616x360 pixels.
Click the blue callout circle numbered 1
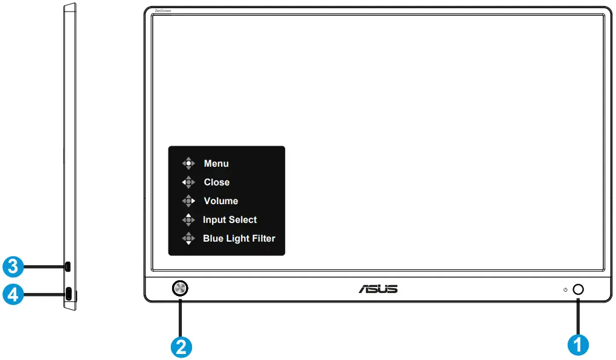tap(577, 345)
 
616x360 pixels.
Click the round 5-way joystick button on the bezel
tap(179, 289)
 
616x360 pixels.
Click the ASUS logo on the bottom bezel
tap(378, 289)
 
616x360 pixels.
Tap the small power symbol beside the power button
tap(565, 290)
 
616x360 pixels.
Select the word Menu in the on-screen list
tap(216, 164)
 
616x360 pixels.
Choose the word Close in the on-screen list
tap(217, 182)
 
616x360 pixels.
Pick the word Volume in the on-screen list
tap(221, 201)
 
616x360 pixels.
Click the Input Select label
tap(230, 220)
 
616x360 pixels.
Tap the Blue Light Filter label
tap(239, 239)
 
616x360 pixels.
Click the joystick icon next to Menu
tap(189, 163)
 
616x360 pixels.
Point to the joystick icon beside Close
tap(189, 182)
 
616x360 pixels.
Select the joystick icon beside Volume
tap(189, 201)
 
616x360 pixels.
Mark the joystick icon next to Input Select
tap(189, 220)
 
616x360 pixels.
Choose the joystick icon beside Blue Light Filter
tap(189, 239)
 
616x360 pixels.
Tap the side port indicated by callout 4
tap(69, 294)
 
